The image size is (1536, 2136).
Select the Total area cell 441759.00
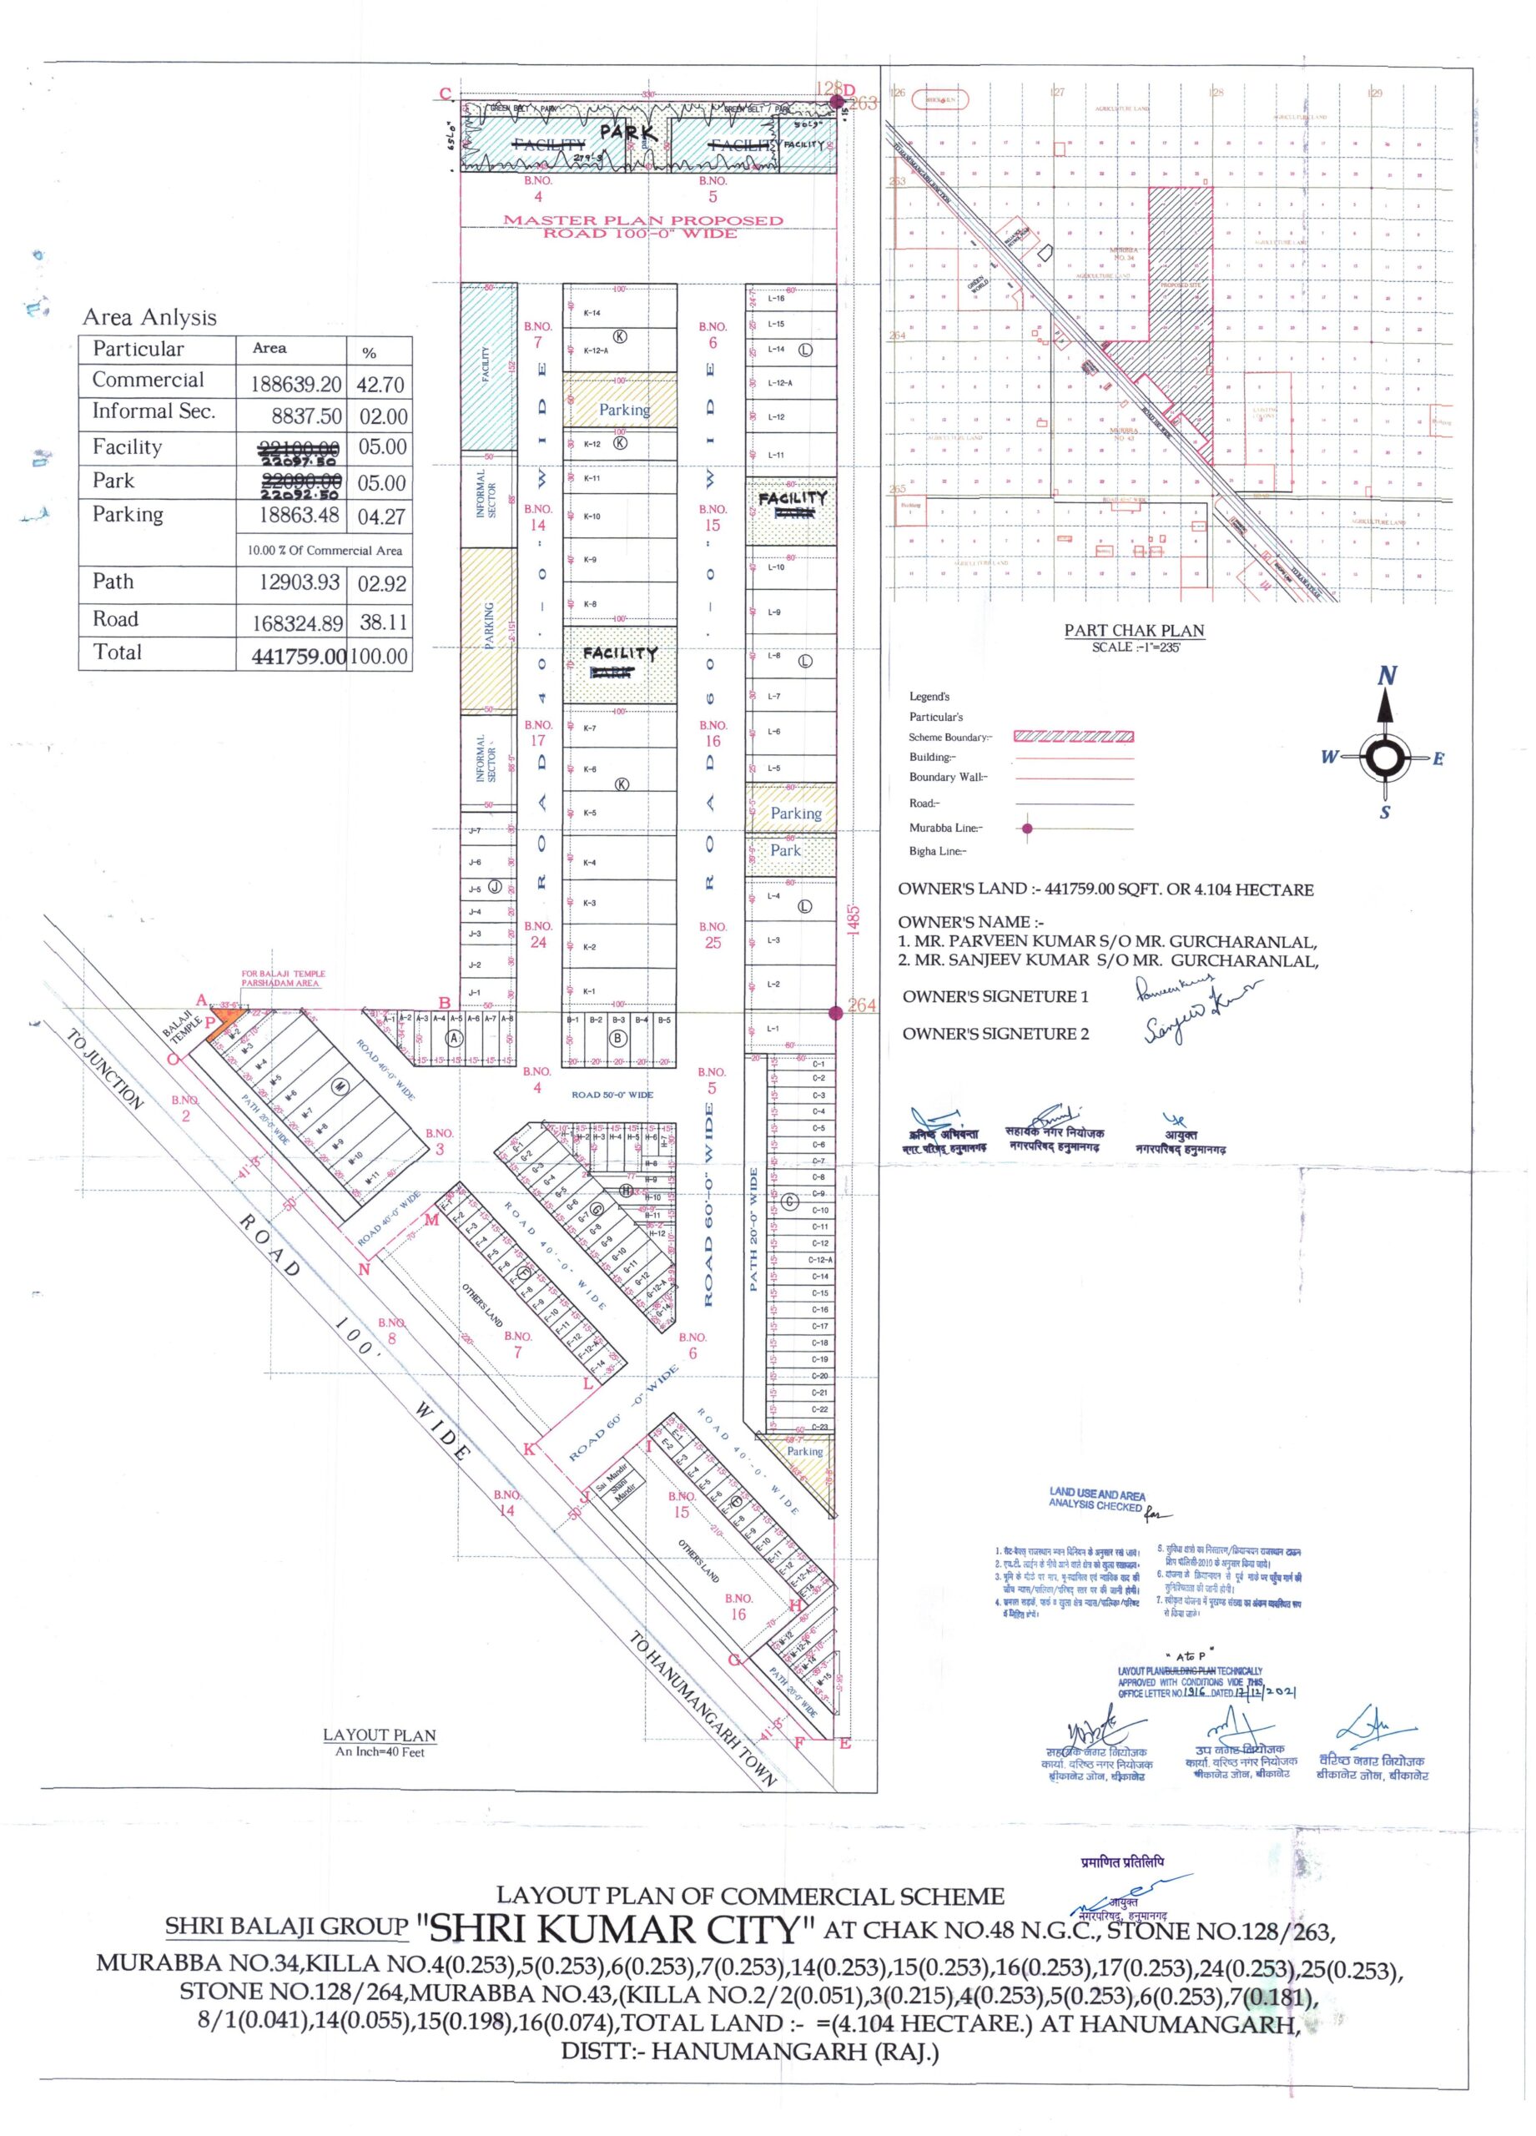(299, 657)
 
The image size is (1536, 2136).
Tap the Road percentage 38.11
(381, 622)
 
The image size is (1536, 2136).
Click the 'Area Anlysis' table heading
(149, 317)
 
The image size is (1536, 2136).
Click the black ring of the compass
(1384, 758)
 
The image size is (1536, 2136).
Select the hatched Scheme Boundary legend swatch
(1073, 737)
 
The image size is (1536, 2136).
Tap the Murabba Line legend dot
(1026, 829)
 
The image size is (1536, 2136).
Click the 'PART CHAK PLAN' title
(1134, 631)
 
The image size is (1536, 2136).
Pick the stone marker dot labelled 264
(835, 1012)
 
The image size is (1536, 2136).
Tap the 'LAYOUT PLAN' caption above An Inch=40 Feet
(380, 1735)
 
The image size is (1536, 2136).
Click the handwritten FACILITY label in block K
(619, 652)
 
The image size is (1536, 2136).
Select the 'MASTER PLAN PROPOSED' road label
(642, 220)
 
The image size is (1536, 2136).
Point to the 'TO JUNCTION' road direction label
(105, 1070)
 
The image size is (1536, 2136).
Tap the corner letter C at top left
(446, 93)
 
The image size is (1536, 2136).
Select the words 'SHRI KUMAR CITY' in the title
(615, 1930)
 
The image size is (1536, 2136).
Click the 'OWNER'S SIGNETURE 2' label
(995, 1033)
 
